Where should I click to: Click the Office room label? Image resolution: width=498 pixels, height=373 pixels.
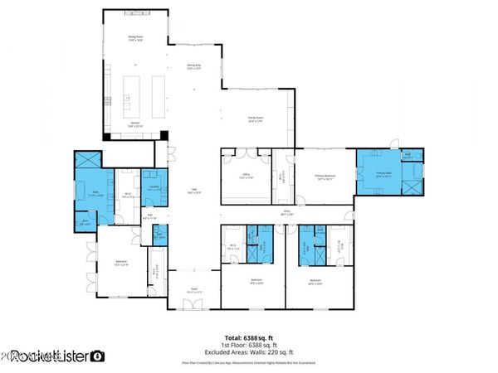click(245, 176)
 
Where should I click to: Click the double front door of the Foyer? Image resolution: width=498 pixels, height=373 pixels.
click(193, 305)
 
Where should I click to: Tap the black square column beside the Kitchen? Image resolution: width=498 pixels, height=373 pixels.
click(164, 136)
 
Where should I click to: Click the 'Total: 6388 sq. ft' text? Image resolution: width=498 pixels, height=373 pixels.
click(249, 337)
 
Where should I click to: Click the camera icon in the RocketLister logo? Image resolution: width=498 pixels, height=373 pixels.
click(98, 356)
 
